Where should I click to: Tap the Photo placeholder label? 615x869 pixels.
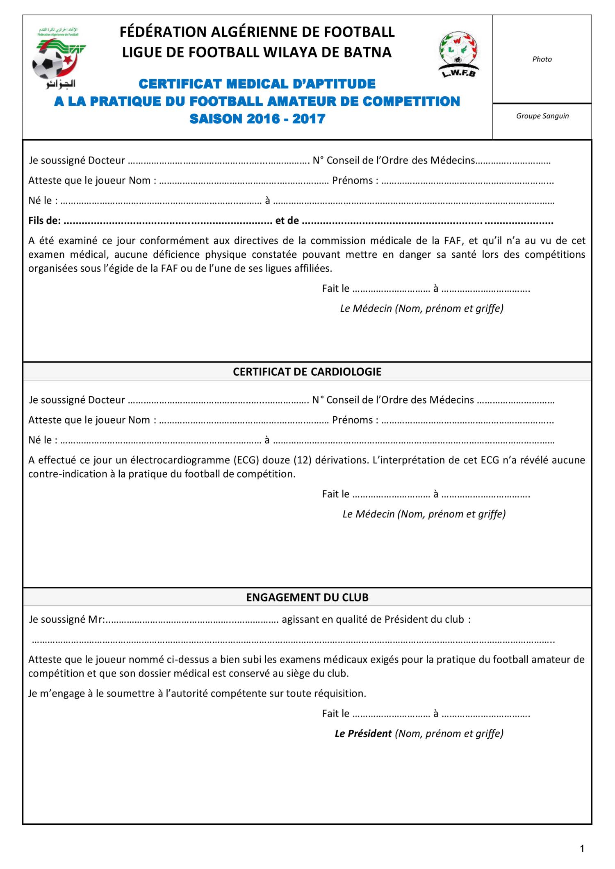tap(542, 59)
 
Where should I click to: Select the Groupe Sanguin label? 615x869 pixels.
tap(542, 116)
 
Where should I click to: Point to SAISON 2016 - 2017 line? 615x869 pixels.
tap(257, 119)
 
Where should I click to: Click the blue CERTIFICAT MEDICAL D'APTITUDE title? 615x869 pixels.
tap(257, 84)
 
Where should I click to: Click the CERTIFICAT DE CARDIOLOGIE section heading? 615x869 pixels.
tap(307, 372)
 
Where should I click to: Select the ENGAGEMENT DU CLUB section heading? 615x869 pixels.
tap(307, 597)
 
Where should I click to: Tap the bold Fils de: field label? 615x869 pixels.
tap(44, 221)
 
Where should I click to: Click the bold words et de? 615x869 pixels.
tap(287, 221)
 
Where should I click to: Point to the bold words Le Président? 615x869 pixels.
tap(363, 733)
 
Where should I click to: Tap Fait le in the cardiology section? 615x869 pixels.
tap(335, 494)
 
